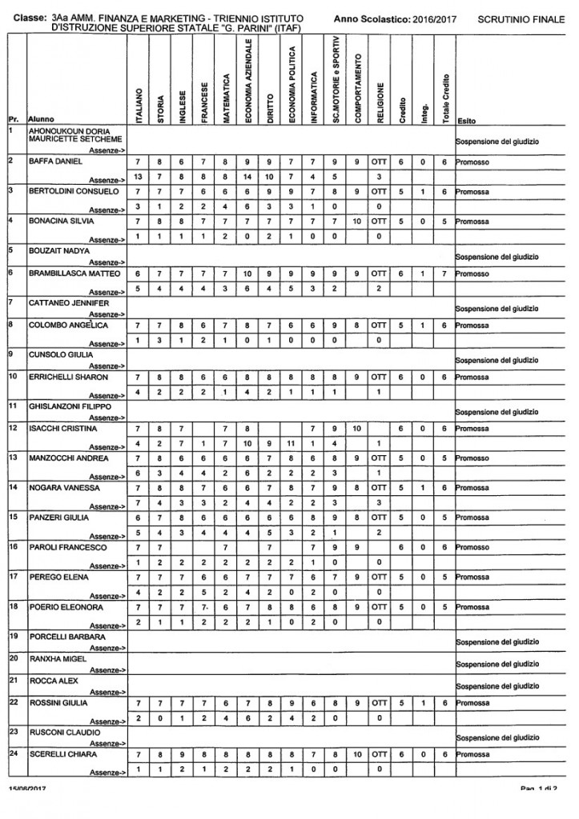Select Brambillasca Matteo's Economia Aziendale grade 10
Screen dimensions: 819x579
pos(249,274)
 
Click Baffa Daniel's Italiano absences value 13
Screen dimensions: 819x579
pos(139,176)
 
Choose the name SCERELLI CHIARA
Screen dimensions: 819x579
pos(58,753)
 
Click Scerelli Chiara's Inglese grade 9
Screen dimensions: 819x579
pos(183,753)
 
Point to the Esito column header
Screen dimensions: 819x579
pos(465,120)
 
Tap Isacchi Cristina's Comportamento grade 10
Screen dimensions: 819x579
pos(358,429)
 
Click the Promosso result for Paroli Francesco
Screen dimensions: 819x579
pos(473,547)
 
